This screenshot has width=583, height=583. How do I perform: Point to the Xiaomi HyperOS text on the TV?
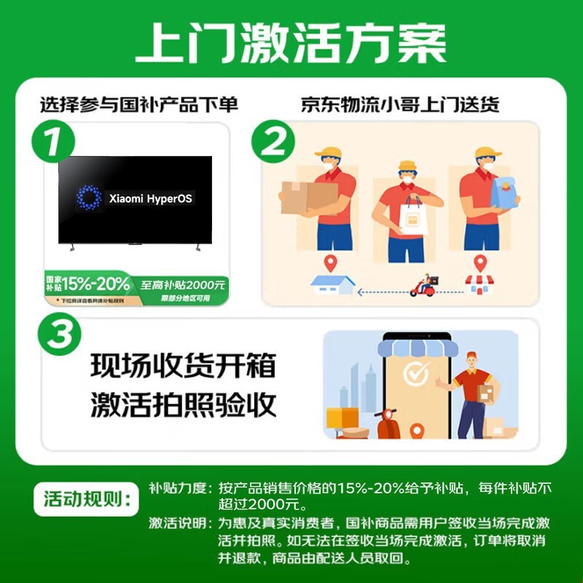click(151, 198)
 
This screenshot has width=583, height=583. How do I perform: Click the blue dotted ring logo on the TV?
click(90, 197)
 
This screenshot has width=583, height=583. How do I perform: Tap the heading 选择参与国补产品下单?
click(138, 105)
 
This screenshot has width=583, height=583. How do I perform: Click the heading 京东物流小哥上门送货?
click(399, 105)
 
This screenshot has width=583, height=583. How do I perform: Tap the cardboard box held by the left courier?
click(308, 196)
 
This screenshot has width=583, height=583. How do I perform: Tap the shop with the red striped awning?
click(479, 284)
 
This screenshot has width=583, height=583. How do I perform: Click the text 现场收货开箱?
click(184, 366)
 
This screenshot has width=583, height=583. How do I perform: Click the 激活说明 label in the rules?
click(177, 523)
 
